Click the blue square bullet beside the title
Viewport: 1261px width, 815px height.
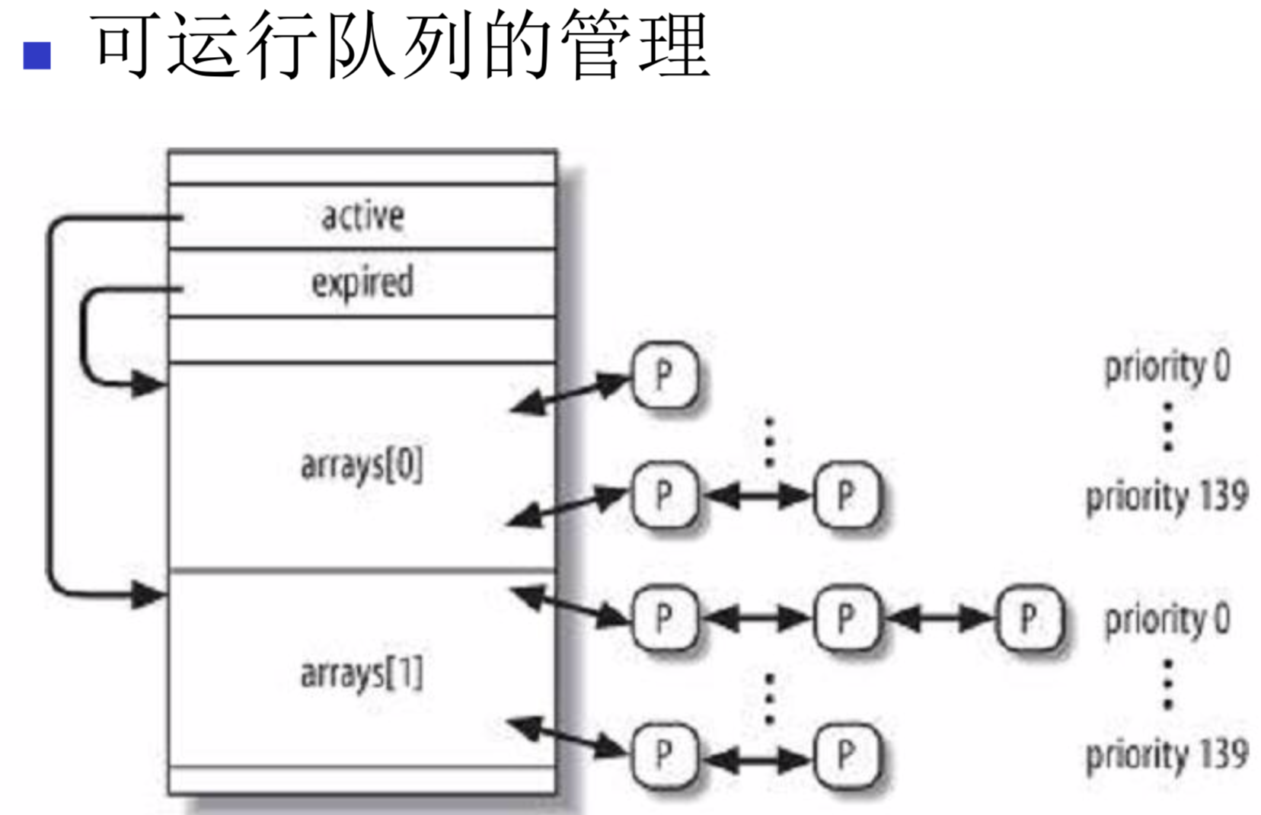tap(37, 56)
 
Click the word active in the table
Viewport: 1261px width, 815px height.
tap(362, 216)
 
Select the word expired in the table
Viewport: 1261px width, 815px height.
tap(362, 283)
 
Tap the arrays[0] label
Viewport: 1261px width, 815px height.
tap(362, 465)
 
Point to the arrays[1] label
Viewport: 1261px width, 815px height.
tap(362, 673)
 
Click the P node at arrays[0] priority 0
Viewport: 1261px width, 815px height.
tap(665, 376)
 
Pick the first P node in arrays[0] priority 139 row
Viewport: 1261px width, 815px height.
tap(665, 496)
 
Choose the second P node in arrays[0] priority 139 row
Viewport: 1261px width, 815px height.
tap(846, 496)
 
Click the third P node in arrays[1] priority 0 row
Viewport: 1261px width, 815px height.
tap(1029, 618)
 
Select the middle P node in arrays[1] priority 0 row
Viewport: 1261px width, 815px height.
tap(846, 618)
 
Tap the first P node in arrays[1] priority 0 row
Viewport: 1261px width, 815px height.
tap(665, 618)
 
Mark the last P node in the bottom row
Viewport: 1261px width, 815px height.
tap(846, 756)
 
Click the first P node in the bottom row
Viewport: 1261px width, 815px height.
tap(665, 756)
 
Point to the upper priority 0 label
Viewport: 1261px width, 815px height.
tap(1167, 367)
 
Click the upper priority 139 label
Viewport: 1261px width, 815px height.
tap(1167, 497)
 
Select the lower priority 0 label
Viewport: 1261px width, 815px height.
tap(1167, 618)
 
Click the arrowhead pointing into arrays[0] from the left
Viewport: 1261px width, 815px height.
tap(149, 383)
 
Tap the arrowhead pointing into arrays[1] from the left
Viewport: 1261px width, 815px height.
tap(149, 594)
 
